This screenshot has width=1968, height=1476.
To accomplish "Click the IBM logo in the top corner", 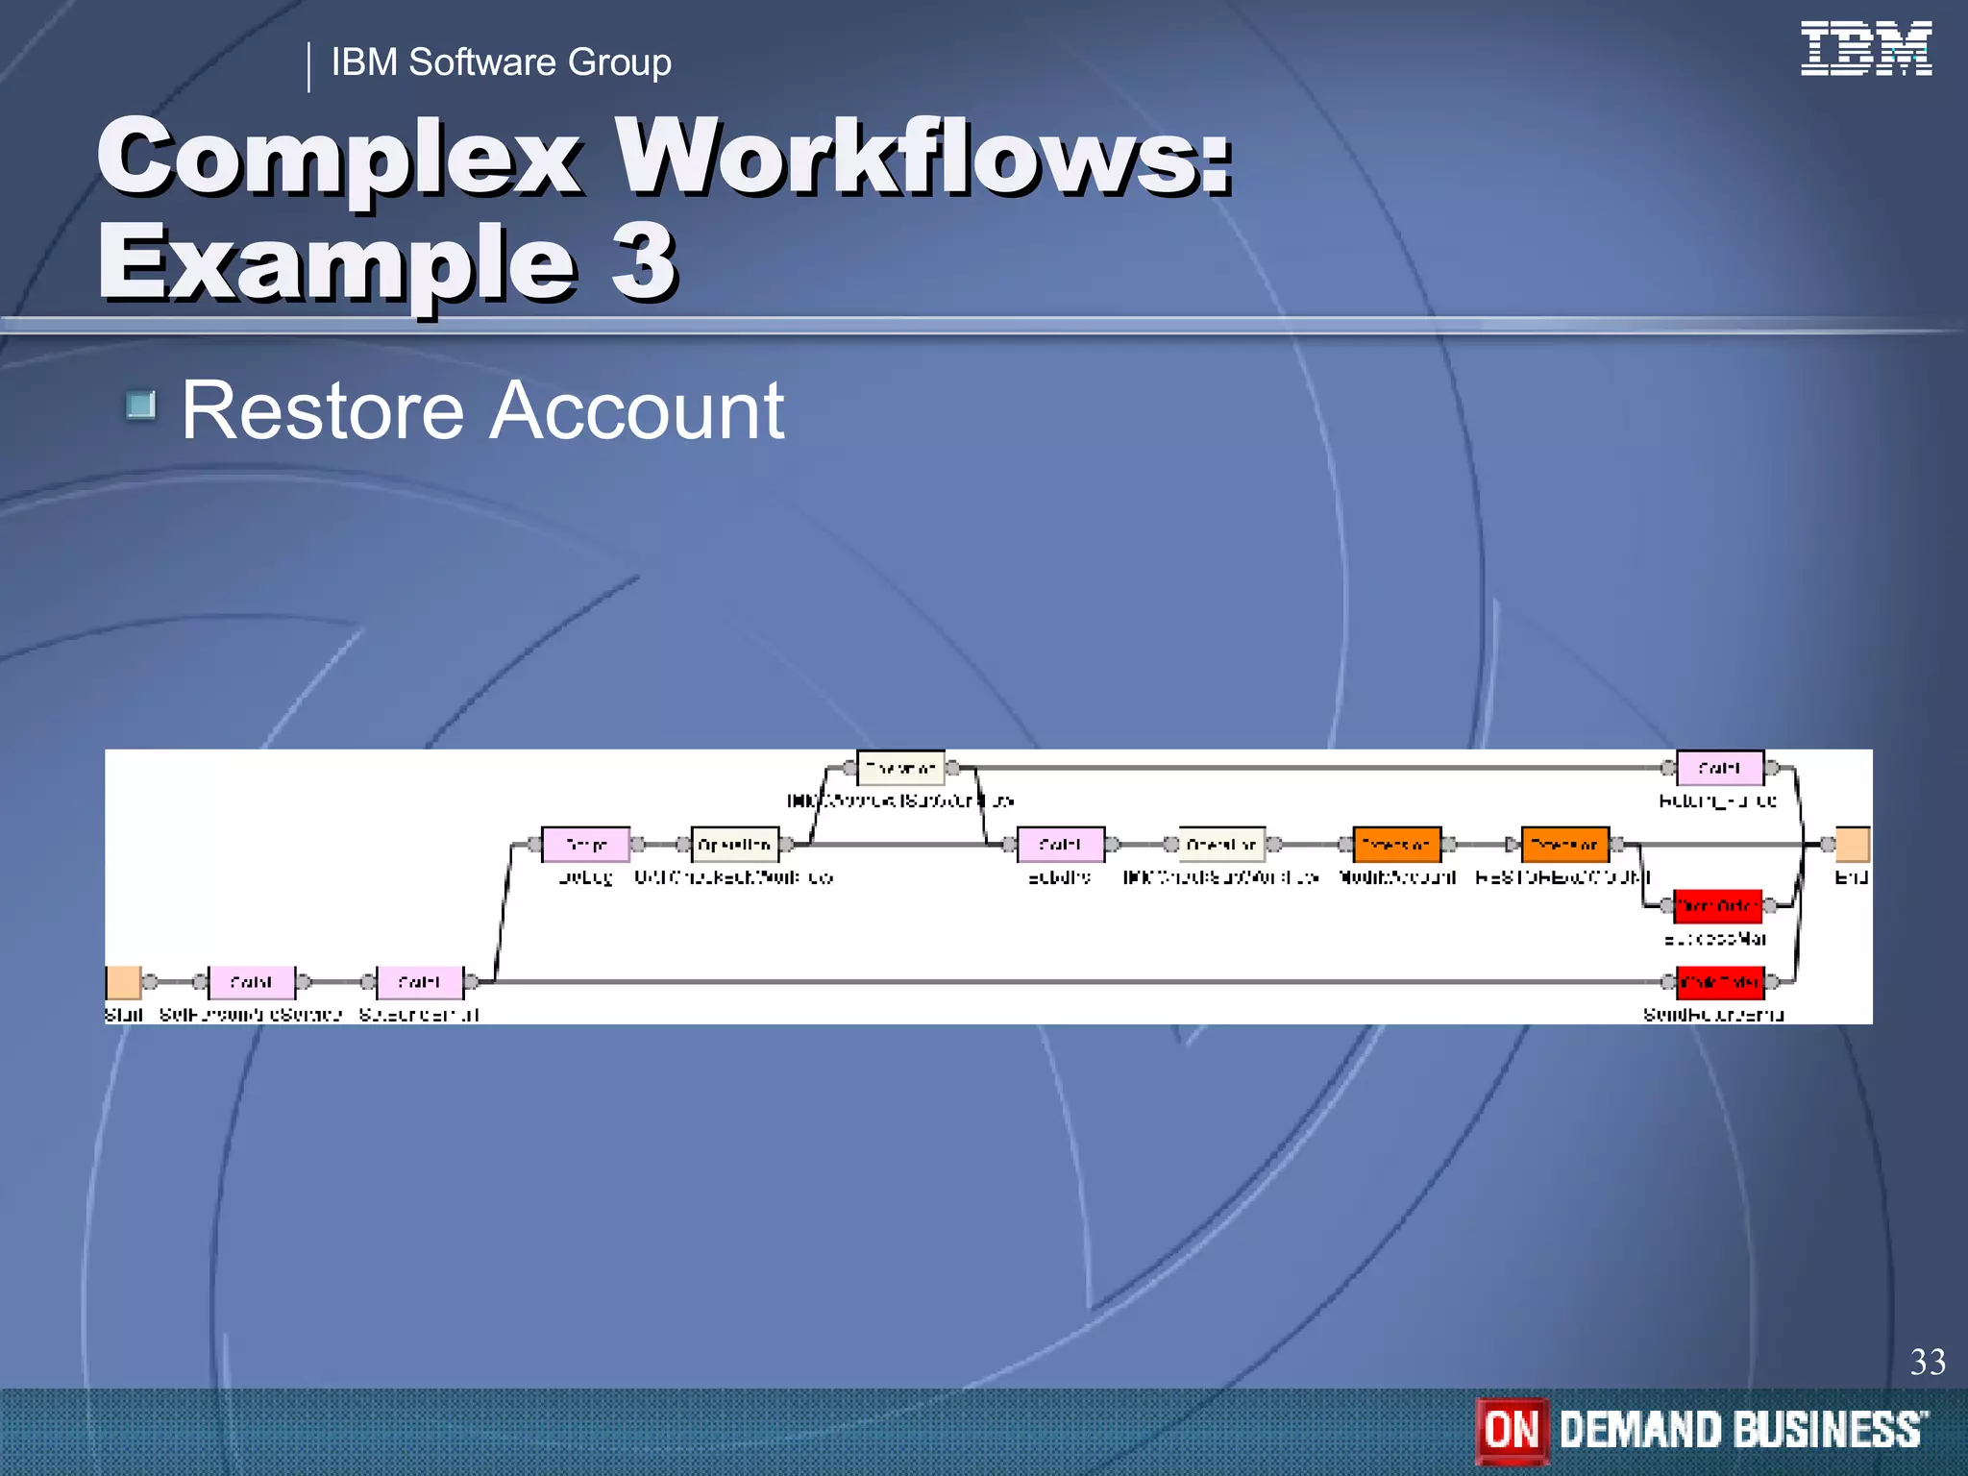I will (1865, 48).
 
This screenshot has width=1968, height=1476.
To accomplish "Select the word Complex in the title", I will (339, 156).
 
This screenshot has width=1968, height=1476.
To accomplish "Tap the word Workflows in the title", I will (922, 156).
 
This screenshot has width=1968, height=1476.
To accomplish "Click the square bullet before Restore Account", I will (141, 406).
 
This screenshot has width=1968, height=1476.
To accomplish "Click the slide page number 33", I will (1927, 1362).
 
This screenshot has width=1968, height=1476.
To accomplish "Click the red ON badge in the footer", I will (1512, 1430).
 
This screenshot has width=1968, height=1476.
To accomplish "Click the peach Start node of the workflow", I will (124, 982).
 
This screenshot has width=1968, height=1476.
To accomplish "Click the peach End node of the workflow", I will (1852, 845).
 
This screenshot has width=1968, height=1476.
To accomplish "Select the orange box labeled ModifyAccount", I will (1396, 845).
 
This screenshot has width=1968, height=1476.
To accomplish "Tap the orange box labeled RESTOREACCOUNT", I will (1564, 845).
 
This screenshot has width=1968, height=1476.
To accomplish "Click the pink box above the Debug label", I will (585, 845).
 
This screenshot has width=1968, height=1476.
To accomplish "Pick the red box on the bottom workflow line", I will (1720, 982).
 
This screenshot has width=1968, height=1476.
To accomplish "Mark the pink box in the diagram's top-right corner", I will (1720, 768).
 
